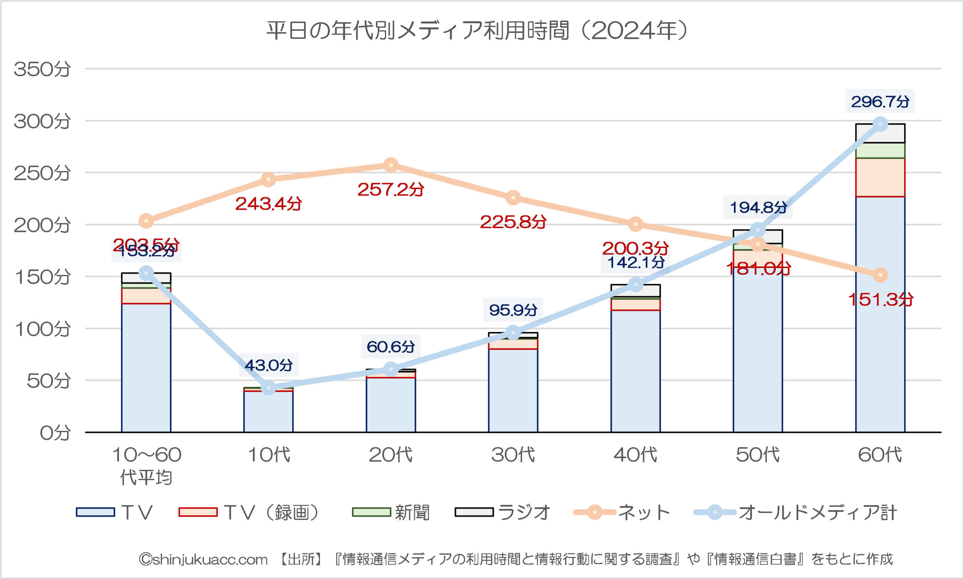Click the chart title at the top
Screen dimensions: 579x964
tap(477, 31)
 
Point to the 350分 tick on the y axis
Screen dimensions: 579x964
tap(42, 69)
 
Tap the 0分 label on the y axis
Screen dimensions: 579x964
tap(55, 433)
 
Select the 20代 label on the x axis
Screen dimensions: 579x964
tap(390, 455)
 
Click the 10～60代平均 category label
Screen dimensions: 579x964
tap(146, 466)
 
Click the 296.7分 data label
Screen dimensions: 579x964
tap(880, 102)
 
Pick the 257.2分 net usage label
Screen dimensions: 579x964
tap(390, 189)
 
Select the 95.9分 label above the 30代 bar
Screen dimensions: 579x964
tap(513, 310)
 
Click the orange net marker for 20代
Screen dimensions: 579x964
tap(391, 165)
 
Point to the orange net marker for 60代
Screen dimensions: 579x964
tap(880, 275)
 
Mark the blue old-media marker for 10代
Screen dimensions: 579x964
tap(268, 388)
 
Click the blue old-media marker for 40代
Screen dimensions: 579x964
tap(636, 284)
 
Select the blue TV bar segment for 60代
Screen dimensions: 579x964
tap(880, 312)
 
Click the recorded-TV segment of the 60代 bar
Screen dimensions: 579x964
tap(880, 177)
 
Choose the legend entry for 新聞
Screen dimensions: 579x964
tap(390, 512)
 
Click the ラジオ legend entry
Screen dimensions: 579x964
tap(503, 512)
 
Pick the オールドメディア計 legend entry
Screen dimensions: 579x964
tap(796, 512)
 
